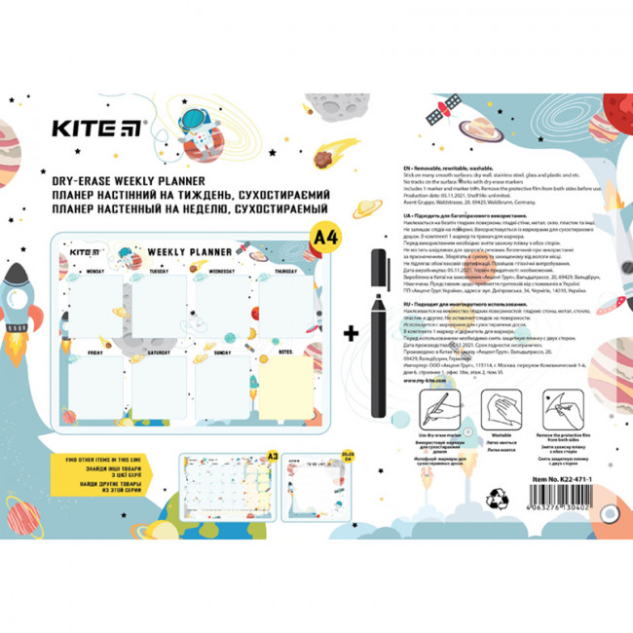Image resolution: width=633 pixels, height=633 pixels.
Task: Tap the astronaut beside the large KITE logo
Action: point(200,128)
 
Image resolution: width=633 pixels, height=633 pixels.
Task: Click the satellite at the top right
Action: point(437,114)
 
